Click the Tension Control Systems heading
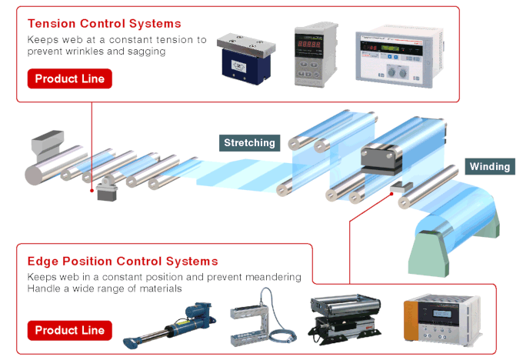104,23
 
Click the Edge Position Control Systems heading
122,262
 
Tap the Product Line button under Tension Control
69,78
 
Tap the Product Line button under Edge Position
69,330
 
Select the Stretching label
249,142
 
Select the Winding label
489,166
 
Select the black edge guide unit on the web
383,158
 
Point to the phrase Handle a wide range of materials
105,288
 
